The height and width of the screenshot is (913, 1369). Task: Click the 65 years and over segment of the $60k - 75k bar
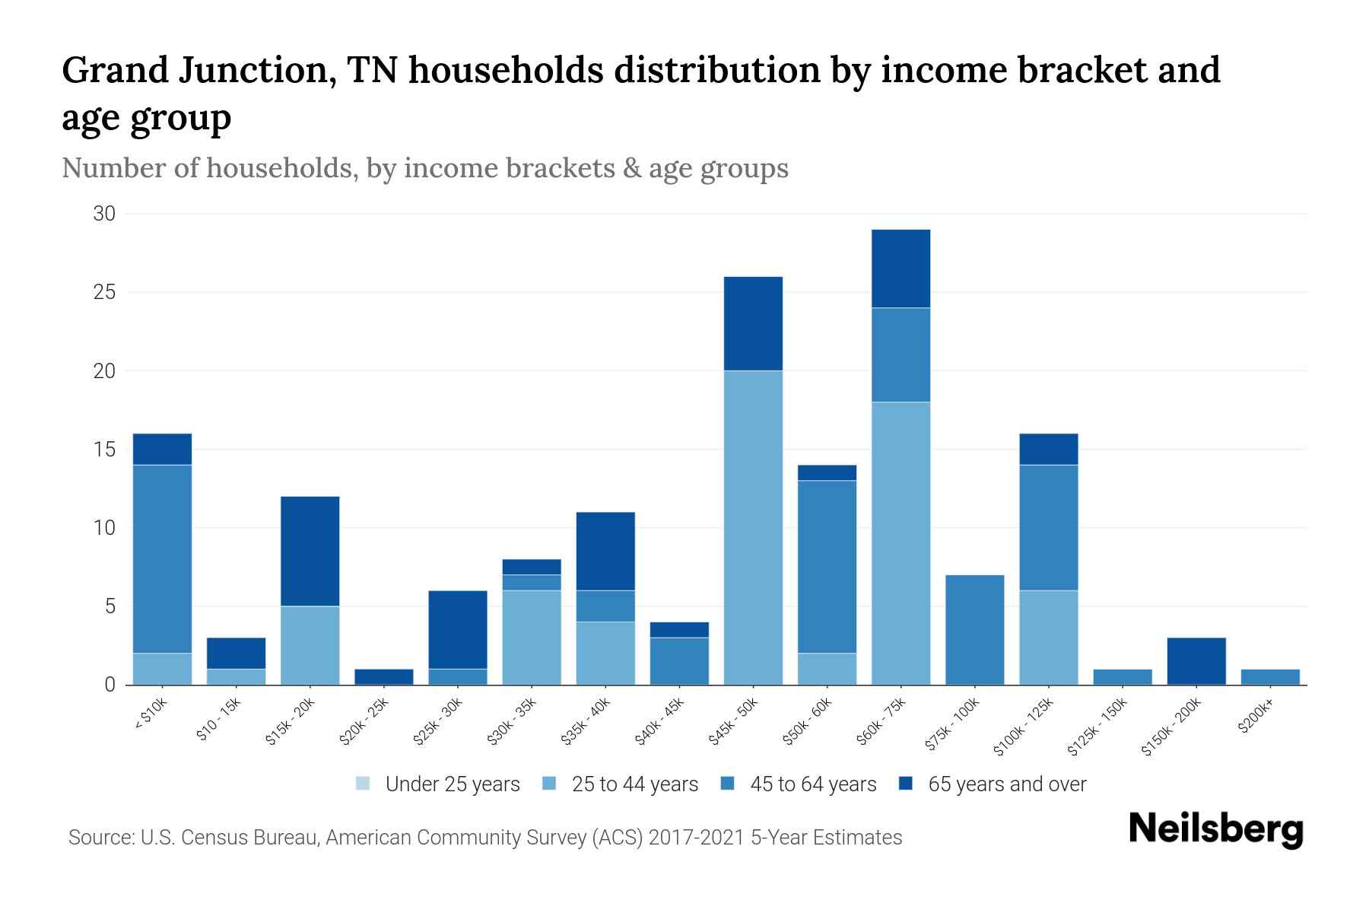pos(900,269)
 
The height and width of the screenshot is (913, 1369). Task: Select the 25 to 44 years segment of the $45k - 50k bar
pos(753,527)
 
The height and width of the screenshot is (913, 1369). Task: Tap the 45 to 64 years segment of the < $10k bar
pos(162,558)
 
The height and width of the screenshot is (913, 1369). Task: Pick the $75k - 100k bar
pos(974,630)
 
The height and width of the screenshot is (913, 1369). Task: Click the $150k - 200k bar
pos(1196,661)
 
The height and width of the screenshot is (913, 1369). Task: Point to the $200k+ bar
pos(1269,677)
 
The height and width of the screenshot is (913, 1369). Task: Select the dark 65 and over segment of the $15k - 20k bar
pos(310,551)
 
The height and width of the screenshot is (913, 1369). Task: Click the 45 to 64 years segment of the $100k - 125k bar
pos(1048,527)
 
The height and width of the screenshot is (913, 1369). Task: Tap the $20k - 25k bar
pos(383,677)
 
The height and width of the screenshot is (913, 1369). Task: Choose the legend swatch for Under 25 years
pos(363,784)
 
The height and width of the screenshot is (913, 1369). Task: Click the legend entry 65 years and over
pos(1006,784)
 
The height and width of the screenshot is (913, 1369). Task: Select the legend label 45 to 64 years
pos(812,784)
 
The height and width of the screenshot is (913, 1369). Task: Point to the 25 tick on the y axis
pos(104,292)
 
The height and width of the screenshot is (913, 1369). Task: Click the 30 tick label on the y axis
pos(104,214)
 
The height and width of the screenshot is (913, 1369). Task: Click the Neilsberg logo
pos(1215,829)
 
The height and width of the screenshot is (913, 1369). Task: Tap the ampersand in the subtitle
pos(631,168)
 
